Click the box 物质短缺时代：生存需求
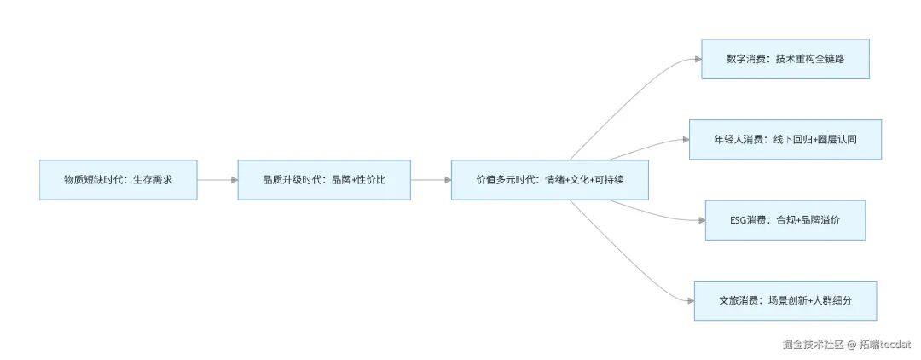(119, 180)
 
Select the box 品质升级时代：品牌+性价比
(324, 180)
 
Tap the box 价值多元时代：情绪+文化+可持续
(551, 180)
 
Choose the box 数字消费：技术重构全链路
(785, 59)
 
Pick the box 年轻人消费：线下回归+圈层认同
(785, 139)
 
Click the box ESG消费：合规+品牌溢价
(785, 220)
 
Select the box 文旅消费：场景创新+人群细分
(785, 300)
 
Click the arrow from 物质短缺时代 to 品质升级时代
(217, 180)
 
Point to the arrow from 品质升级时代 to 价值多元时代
(431, 180)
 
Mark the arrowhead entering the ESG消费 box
(700, 220)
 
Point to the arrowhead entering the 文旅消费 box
(690, 300)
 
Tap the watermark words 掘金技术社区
(814, 344)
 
